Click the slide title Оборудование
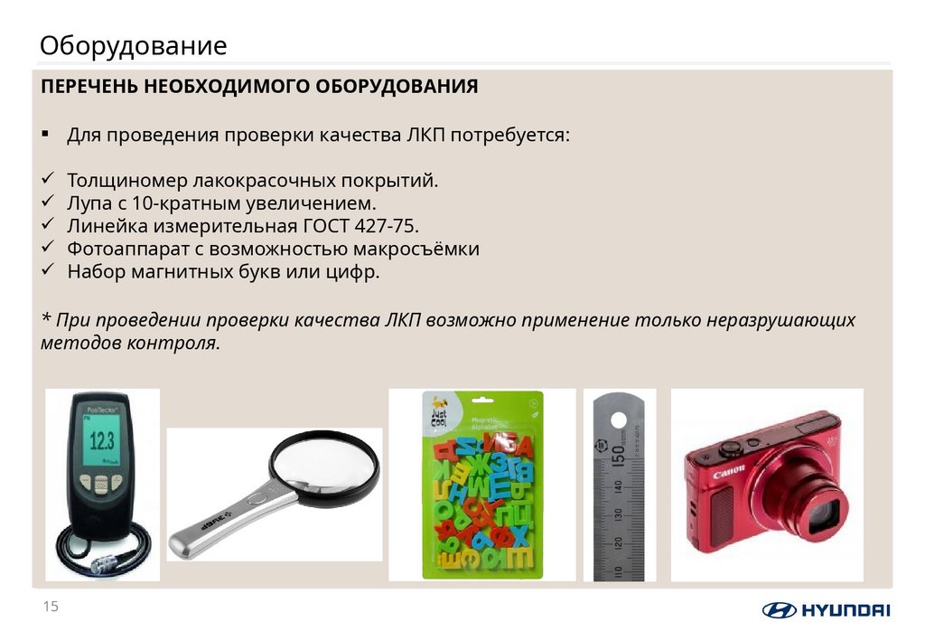(x=133, y=45)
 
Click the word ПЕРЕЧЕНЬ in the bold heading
(x=89, y=87)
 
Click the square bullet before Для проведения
(x=45, y=134)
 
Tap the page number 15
(x=51, y=607)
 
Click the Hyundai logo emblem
(x=779, y=609)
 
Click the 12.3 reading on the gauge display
(x=99, y=441)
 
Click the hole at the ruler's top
(x=619, y=421)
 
